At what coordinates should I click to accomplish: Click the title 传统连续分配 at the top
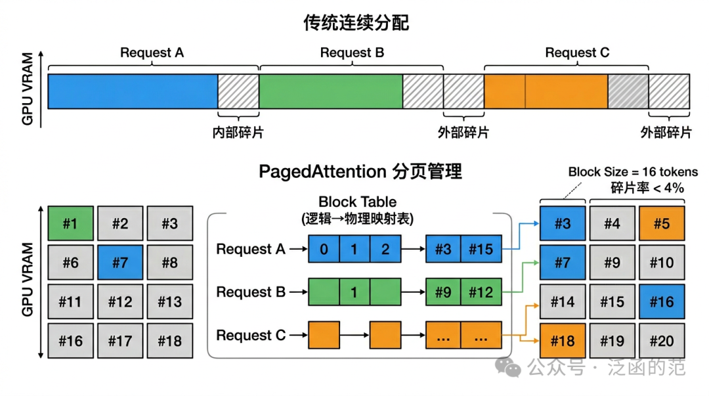pos(356,23)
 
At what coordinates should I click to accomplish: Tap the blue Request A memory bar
pos(133,91)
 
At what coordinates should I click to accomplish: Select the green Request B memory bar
pos(330,91)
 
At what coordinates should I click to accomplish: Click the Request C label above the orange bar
pos(577,53)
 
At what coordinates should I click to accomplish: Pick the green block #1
pos(70,223)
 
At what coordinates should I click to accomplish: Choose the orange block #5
pos(661,223)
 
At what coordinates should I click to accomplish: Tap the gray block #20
pos(661,341)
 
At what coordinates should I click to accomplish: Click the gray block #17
pos(120,341)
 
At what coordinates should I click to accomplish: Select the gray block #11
pos(70,302)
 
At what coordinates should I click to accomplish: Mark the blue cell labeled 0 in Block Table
pos(324,250)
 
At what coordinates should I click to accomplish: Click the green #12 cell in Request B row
pos(481,293)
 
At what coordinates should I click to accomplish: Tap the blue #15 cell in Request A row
pos(481,250)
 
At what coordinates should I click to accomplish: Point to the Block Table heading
pos(357,202)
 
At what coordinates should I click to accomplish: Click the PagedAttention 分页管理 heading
pos(360,171)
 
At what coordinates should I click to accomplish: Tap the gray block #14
pos(563,302)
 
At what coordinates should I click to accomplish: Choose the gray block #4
pos(612,223)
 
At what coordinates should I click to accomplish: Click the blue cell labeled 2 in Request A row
pos(385,250)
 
